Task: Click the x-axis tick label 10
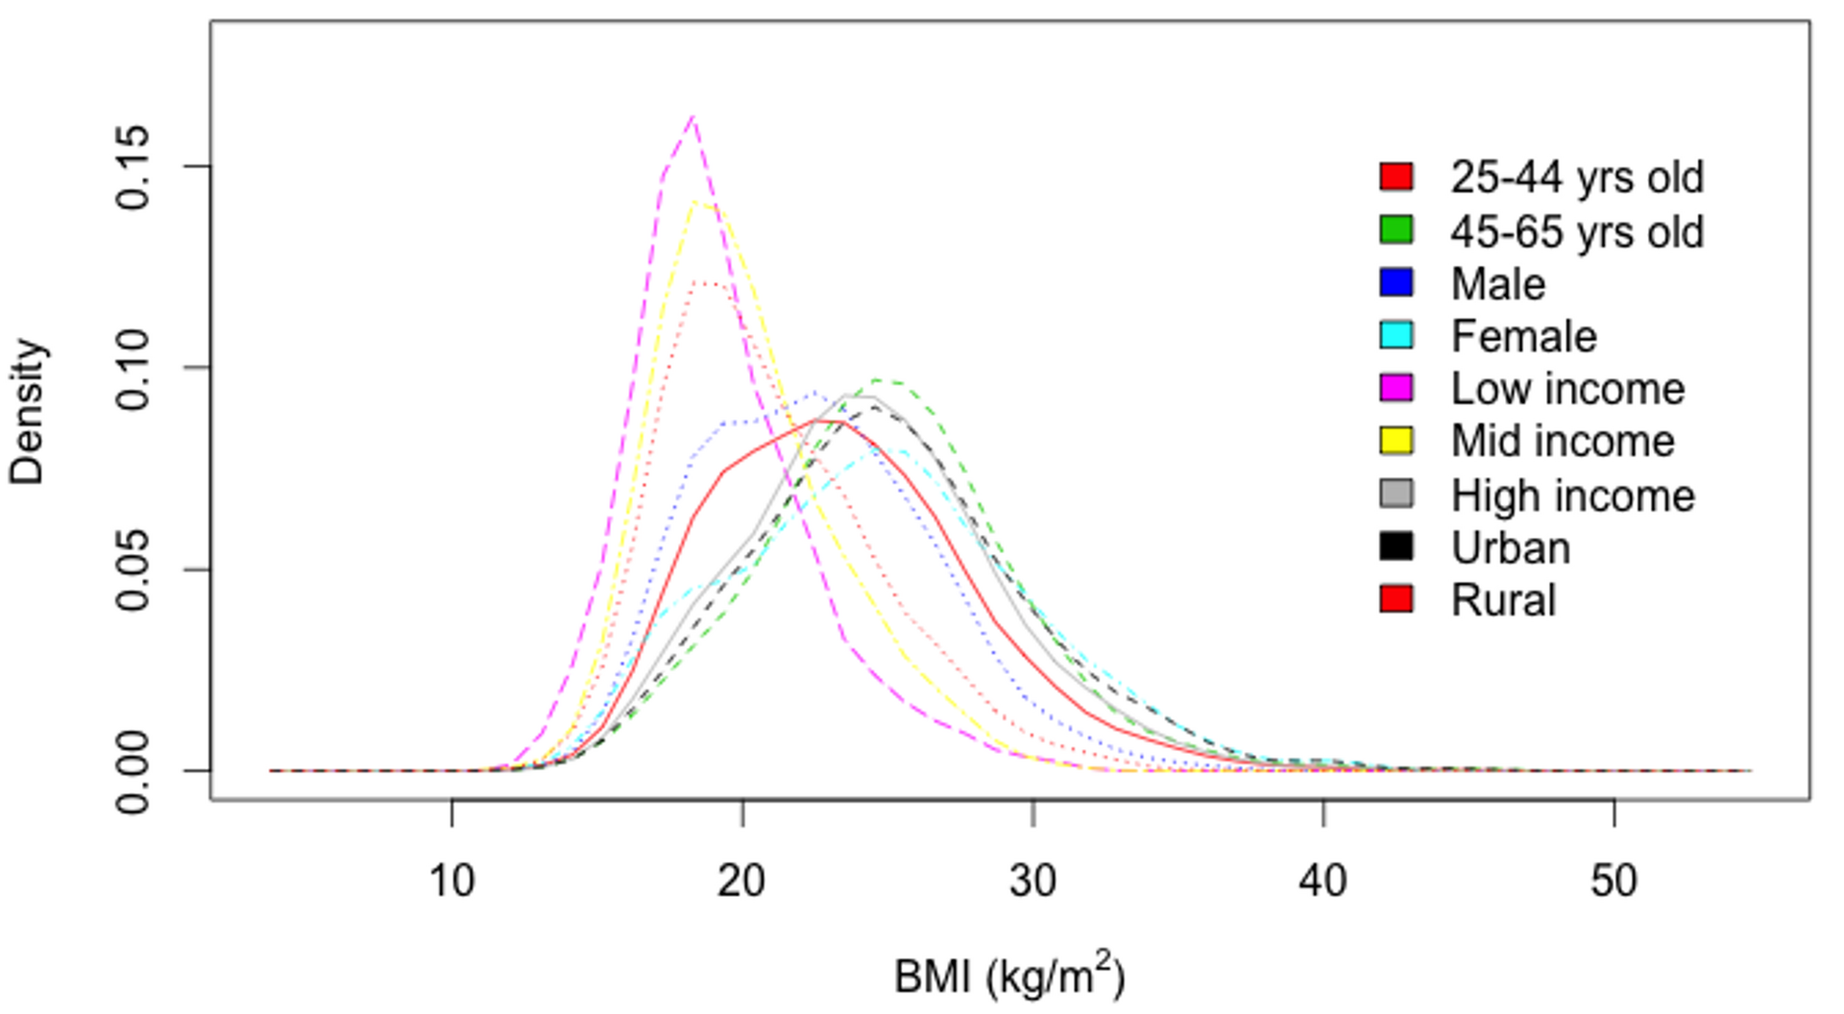pos(451,881)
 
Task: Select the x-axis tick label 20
pos(741,881)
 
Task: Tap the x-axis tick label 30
pos(1032,881)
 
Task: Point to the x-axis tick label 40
pos(1323,881)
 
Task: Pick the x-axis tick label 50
pos(1613,881)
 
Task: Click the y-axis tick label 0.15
pos(133,166)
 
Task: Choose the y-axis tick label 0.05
pos(133,569)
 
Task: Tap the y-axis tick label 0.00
pos(133,771)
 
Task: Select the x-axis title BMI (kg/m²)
pos(1008,976)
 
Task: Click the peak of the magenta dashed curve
pos(692,117)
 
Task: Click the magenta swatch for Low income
pos(1396,388)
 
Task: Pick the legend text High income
pos(1572,495)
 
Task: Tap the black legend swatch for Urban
pos(1396,546)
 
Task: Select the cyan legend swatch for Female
pos(1396,335)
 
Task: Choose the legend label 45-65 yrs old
pos(1577,231)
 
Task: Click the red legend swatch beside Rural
pos(1396,599)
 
